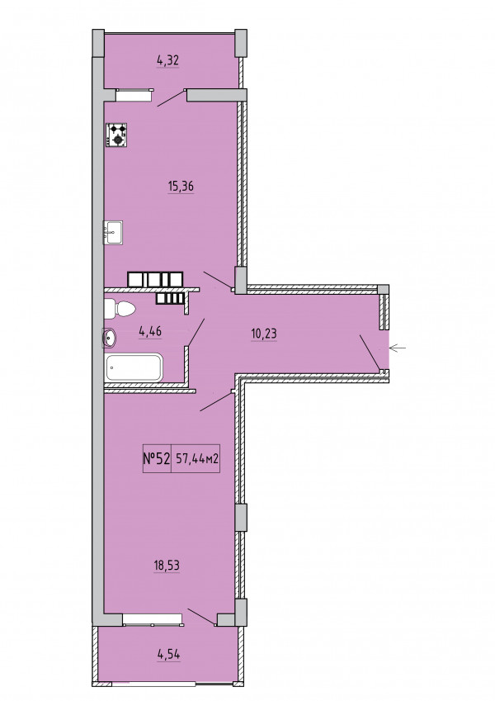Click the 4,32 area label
click(168, 60)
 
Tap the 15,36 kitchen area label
click(181, 186)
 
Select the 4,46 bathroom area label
click(150, 332)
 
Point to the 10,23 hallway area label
click(264, 334)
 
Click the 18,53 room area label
click(167, 566)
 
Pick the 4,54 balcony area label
click(169, 655)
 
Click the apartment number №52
click(157, 458)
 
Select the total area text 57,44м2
click(197, 458)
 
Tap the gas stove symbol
click(116, 135)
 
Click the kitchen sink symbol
click(113, 233)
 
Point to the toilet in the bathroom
click(120, 310)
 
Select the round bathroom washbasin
click(109, 338)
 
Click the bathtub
click(134, 367)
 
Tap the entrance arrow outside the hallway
click(398, 348)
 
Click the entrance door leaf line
click(370, 353)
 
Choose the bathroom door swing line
click(196, 332)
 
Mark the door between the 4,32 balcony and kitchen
click(171, 98)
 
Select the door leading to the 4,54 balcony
click(201, 617)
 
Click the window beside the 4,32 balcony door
click(134, 95)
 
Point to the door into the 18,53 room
click(216, 402)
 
